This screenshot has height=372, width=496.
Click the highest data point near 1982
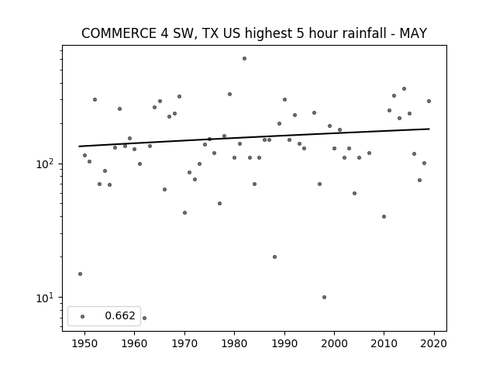pos(244,59)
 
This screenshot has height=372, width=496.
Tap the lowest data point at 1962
pos(144,318)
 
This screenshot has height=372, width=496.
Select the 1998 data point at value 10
pos(324,297)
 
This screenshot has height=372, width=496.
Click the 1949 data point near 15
pos(80,274)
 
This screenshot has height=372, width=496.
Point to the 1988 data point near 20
pos(274,257)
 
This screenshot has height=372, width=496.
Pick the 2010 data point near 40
pos(384,217)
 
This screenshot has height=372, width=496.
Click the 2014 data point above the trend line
pos(404,89)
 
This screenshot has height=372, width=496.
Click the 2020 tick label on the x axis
pos(434,343)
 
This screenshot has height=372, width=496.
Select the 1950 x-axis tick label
pos(84,343)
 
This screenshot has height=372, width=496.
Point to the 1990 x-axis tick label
pos(284,343)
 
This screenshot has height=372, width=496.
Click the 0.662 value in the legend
pos(120,315)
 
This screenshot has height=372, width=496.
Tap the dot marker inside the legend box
pos(83,316)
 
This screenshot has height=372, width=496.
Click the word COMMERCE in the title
pos(119,33)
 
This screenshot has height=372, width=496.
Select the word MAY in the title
pos(413,33)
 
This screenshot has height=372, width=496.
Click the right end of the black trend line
pos(429,129)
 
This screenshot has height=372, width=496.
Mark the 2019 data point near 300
pos(429,102)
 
